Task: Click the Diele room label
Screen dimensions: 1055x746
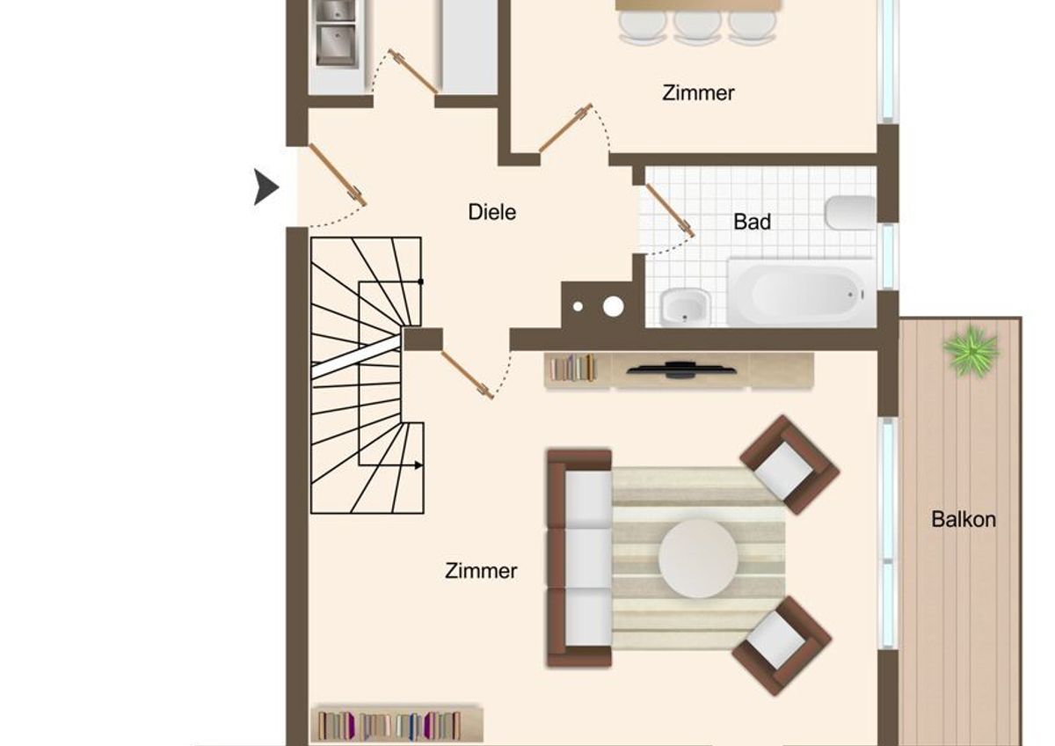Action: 491,212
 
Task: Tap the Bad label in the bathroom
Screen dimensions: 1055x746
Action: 752,222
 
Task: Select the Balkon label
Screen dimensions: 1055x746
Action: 964,519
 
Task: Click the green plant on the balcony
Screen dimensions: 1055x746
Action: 971,351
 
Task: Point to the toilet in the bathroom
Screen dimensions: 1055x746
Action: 850,212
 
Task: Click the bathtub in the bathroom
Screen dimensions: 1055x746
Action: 801,293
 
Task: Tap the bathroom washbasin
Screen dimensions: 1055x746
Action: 685,307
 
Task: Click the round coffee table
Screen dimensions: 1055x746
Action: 698,558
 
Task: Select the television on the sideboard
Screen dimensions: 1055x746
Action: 681,369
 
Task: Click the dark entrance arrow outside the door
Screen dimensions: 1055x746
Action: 266,187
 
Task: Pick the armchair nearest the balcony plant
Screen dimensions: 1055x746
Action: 789,464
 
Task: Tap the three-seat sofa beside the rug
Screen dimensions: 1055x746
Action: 579,558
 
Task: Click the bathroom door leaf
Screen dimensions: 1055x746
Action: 670,210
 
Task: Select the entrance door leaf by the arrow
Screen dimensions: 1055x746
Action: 338,175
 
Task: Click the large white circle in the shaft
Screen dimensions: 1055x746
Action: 614,307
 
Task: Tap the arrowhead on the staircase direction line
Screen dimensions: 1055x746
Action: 418,465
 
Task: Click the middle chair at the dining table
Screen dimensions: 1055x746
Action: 697,26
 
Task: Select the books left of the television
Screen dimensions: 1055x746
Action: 572,368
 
